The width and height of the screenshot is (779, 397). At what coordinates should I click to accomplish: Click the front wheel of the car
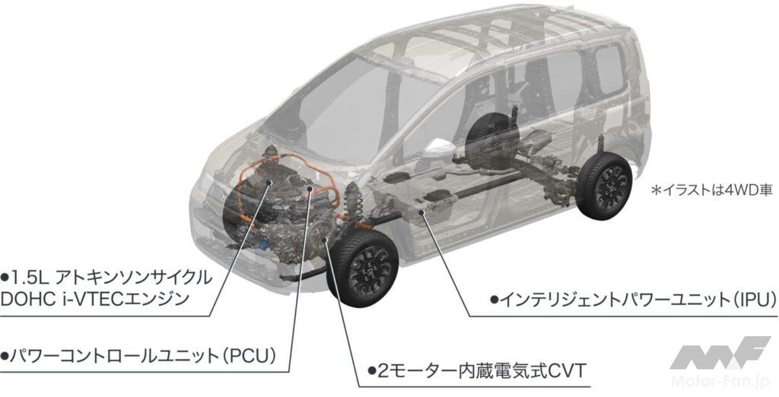pyautogui.click(x=363, y=268)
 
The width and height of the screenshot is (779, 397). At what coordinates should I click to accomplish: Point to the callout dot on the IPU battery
pyautogui.click(x=421, y=212)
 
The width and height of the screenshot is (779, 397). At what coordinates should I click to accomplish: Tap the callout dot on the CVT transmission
pyautogui.click(x=324, y=240)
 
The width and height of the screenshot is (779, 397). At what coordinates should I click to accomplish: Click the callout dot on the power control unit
pyautogui.click(x=310, y=189)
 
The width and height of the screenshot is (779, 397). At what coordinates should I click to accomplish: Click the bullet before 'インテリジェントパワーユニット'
pyautogui.click(x=494, y=300)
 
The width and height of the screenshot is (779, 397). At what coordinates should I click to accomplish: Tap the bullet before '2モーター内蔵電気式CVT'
pyautogui.click(x=370, y=371)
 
